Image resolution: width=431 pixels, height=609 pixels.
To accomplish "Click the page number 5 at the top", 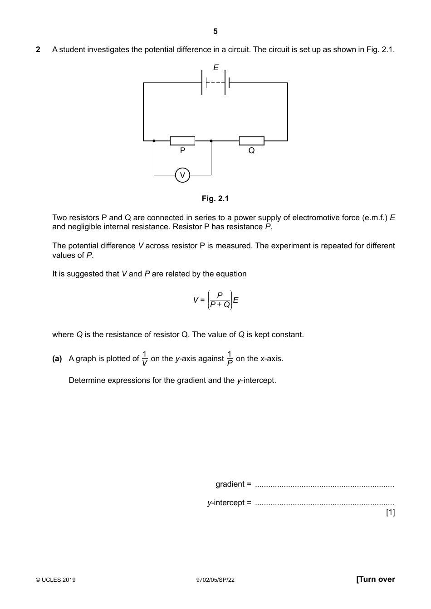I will tap(215, 31).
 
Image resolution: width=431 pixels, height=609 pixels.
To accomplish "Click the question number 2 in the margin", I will tap(38, 49).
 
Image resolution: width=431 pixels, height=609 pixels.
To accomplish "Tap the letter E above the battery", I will tap(216, 68).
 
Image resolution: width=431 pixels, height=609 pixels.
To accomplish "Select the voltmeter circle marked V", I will tap(182, 175).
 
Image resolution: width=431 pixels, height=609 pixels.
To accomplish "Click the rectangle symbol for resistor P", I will tap(182, 141).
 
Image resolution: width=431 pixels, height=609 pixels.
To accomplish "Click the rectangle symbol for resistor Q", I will tap(251, 141).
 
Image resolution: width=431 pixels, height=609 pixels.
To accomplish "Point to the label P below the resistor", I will tap(182, 151).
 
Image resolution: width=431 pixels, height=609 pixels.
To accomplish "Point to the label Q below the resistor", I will tap(251, 151).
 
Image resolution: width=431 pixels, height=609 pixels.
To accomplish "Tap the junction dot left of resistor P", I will tap(154, 141).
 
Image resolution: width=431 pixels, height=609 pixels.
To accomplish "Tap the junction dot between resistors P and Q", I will tap(211, 141).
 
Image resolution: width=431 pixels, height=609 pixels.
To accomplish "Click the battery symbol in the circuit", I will tap(216, 83).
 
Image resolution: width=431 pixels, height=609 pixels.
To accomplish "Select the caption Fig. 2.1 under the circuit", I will tap(215, 198).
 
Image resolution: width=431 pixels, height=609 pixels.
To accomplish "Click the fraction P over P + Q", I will tap(220, 300).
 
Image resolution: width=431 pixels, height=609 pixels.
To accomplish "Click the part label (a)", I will tap(57, 358).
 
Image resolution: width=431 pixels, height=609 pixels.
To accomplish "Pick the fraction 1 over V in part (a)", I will tap(145, 358).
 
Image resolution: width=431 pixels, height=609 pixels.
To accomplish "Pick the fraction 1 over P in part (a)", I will tap(230, 358).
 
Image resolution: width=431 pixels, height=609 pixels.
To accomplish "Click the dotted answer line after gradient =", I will tap(324, 485).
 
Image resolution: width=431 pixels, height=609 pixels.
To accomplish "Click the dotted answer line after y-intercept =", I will tap(324, 504).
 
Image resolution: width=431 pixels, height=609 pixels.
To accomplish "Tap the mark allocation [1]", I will tap(390, 512).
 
